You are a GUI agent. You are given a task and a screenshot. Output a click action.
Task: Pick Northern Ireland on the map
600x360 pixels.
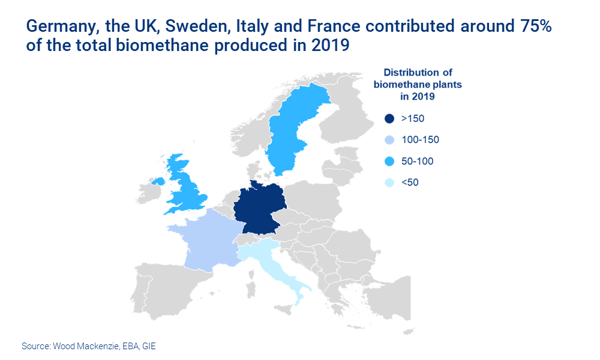click(159, 181)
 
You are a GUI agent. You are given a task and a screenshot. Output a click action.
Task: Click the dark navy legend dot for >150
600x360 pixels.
click(389, 119)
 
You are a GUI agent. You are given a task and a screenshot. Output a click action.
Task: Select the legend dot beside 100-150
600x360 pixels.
click(389, 140)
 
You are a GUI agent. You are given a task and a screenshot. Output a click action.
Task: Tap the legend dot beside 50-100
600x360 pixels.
click(389, 161)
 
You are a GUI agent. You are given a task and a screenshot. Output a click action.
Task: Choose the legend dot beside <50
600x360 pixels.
click(389, 182)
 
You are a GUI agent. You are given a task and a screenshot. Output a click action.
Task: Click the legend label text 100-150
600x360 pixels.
click(420, 140)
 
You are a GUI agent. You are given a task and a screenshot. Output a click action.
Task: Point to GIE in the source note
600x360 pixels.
click(148, 346)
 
